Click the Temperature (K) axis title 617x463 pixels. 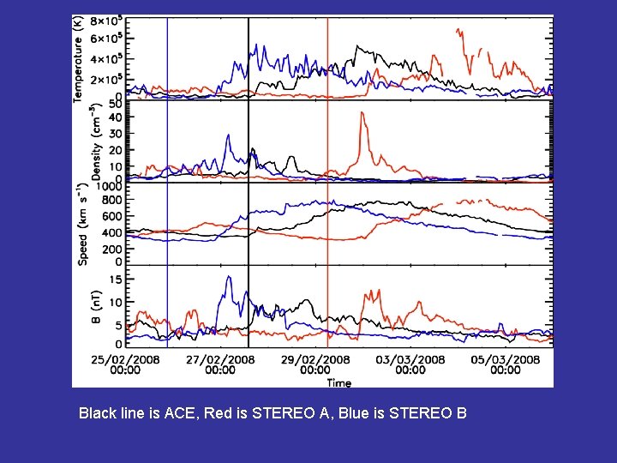(78, 58)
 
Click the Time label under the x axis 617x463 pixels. (338, 382)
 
